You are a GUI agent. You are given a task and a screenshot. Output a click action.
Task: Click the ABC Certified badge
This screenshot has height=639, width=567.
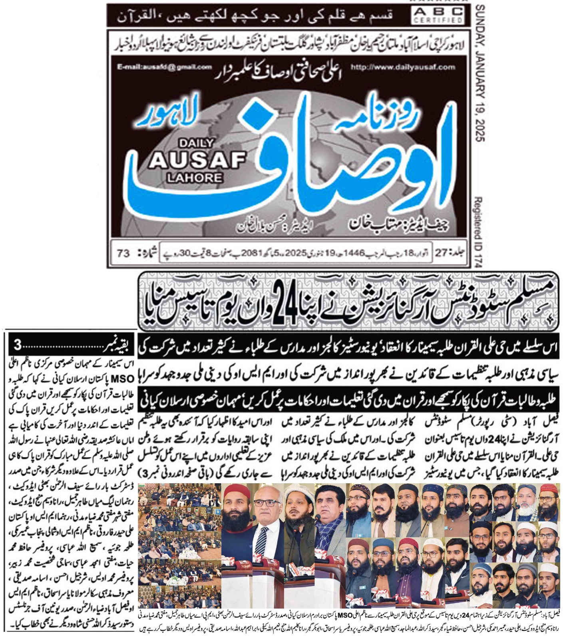(438, 16)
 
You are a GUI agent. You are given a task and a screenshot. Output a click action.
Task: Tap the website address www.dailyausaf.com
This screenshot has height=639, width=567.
(403, 67)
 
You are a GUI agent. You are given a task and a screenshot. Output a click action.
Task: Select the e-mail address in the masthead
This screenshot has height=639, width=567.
(165, 67)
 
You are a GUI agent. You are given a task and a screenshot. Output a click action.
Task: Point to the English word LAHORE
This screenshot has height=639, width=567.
(195, 177)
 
